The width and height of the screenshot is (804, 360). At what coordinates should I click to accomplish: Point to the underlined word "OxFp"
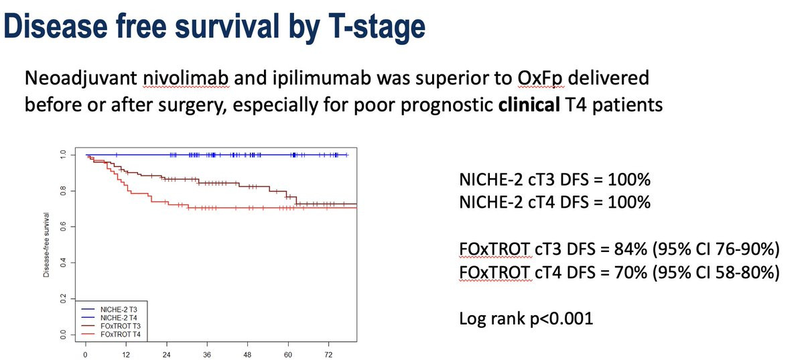coord(539,78)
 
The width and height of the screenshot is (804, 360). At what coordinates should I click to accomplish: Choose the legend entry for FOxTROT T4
coord(123,334)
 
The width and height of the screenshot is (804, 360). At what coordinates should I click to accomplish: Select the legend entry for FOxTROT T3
coord(123,326)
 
